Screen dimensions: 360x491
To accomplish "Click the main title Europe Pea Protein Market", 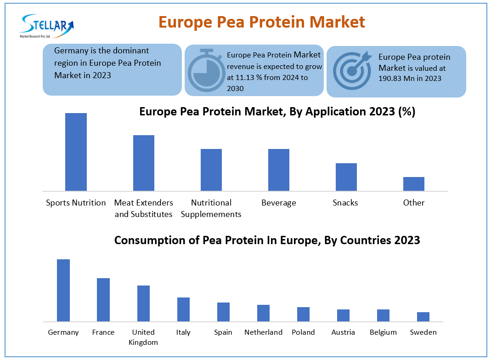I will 262,22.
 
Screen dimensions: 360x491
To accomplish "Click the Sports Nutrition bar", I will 76,152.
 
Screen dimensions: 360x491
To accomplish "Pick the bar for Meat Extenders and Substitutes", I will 144,163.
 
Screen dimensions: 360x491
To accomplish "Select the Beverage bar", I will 279,170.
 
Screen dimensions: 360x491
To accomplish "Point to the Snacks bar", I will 346,177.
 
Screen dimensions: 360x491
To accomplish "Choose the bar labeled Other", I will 414,183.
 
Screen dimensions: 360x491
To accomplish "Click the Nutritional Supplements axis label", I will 211,208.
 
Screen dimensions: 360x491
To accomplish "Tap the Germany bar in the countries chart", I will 63,290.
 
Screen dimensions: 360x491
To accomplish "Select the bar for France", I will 103,299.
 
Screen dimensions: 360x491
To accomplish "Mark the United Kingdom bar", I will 143,303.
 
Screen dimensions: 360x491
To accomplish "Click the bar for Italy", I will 183,309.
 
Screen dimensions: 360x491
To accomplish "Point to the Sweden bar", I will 423,316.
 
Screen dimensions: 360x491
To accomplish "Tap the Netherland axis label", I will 263,332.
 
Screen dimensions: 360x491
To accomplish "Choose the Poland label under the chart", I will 303,332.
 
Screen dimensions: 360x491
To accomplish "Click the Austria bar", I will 343,315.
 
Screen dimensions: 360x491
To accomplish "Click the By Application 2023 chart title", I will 277,112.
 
